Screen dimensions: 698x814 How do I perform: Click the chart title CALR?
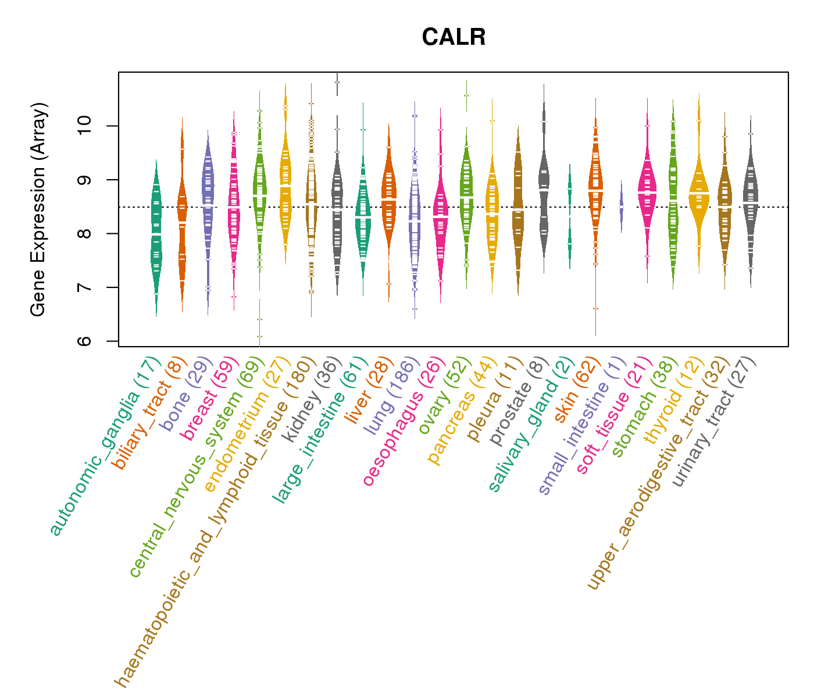454,37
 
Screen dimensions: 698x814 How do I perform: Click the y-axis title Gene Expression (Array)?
38,209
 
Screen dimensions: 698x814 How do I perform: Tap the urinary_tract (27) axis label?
713,422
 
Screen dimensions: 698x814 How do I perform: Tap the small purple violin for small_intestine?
621,207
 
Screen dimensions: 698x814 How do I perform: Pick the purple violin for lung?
415,221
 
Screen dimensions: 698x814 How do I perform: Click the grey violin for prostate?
544,180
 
